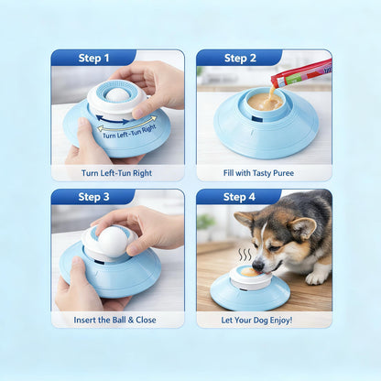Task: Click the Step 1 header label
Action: point(93,58)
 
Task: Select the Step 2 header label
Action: point(240,58)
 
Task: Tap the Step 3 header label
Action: point(93,197)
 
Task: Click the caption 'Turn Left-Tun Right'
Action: point(117,173)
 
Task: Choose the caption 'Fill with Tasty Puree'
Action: point(264,173)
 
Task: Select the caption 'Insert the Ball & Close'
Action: point(117,320)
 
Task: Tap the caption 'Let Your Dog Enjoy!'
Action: point(264,320)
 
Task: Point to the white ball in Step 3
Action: point(111,241)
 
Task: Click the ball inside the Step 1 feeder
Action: point(118,93)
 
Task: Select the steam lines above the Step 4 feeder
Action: point(245,255)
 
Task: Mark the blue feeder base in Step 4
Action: point(249,294)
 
